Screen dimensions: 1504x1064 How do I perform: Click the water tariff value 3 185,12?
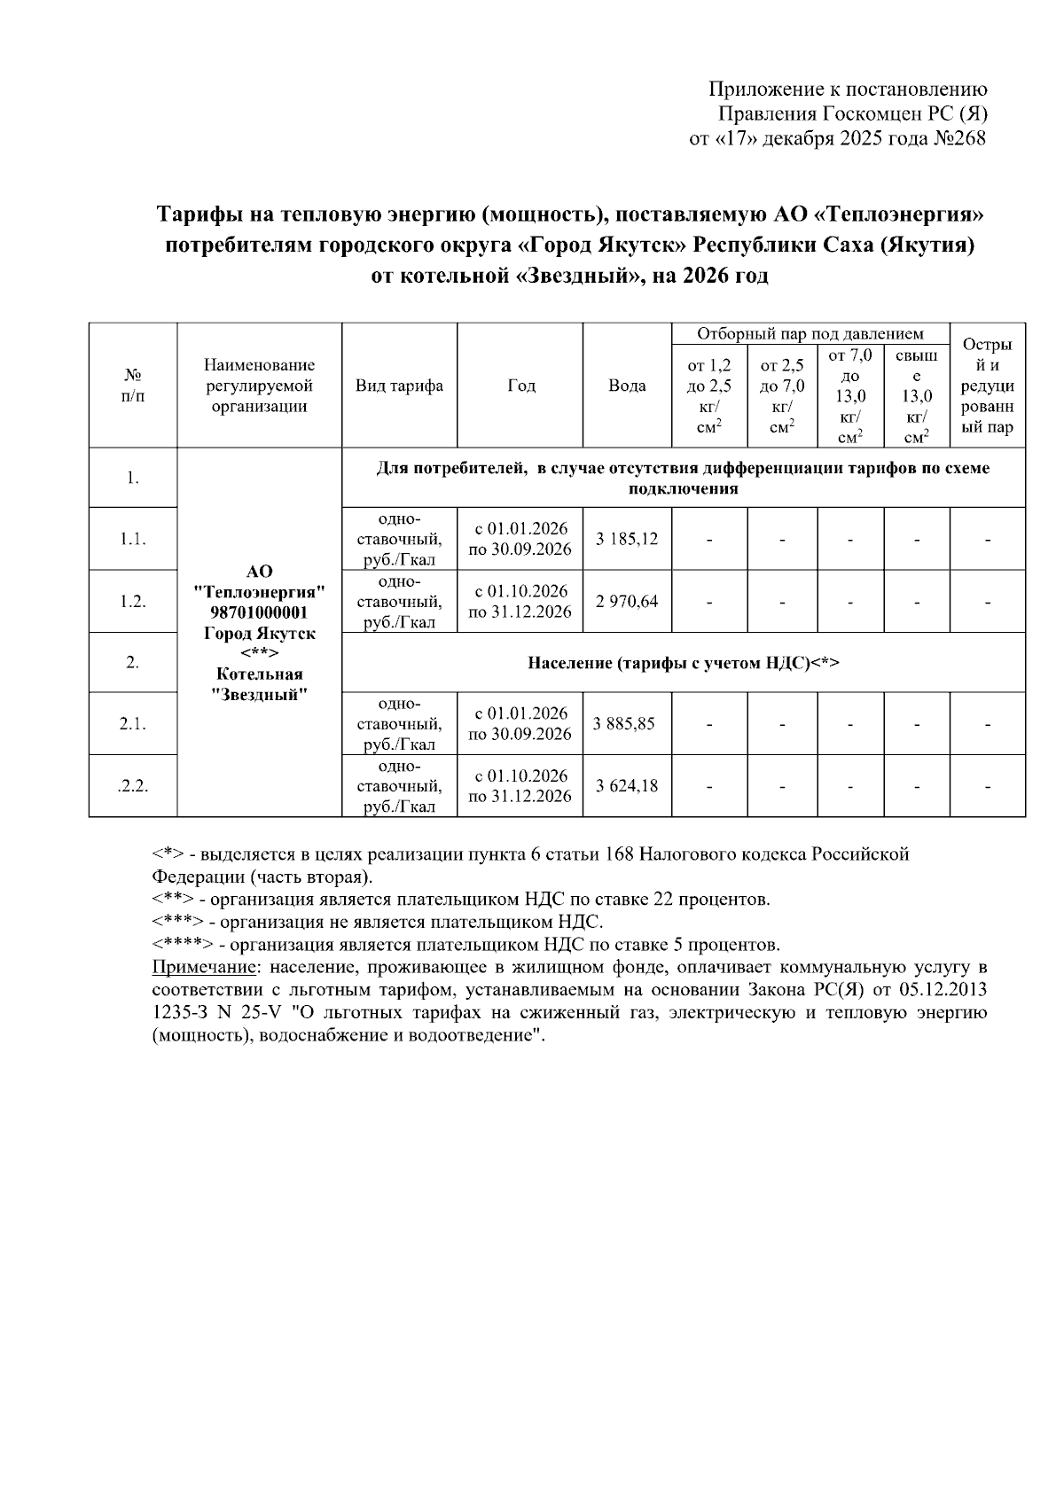[627, 539]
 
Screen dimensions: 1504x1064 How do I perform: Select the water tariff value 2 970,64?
[627, 602]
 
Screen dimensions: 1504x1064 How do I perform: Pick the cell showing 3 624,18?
[627, 785]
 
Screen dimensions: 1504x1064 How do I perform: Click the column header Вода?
[627, 386]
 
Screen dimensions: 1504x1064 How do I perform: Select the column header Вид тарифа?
[399, 386]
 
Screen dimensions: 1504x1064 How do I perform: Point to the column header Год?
[521, 386]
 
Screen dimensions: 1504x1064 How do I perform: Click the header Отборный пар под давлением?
[810, 334]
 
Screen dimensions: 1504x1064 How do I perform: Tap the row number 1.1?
[132, 539]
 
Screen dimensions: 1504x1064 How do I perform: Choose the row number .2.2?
[132, 785]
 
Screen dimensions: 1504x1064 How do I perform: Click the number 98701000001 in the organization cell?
[259, 613]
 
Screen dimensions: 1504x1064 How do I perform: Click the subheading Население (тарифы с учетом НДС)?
[683, 663]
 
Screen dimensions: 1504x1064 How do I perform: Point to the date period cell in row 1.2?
[520, 602]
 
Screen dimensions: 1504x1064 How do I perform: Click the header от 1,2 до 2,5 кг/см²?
[708, 395]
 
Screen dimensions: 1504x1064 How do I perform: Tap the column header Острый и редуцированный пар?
[987, 386]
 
